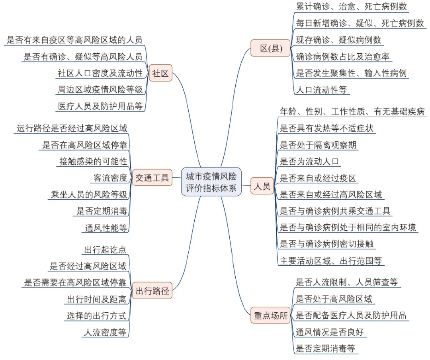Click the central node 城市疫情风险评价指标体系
tap(211, 182)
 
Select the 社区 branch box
tap(161, 73)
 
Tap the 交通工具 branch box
tap(152, 177)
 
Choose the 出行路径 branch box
tap(152, 291)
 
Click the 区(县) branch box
tap(270, 48)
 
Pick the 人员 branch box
tap(262, 186)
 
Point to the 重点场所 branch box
tap(270, 315)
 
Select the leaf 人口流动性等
tap(321, 90)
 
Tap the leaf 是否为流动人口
tap(310, 161)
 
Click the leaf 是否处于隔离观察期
tap(318, 145)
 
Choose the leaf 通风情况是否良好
tap(330, 332)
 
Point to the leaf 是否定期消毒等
tap(325, 348)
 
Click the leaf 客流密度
tap(110, 178)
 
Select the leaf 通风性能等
tap(106, 228)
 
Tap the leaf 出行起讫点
tap(105, 250)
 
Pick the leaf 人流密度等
tap(105, 332)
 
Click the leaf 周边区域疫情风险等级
tap(100, 90)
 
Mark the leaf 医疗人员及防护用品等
tap(100, 106)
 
